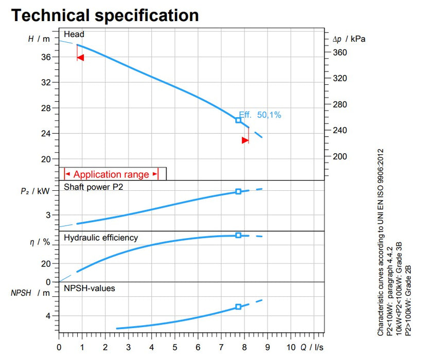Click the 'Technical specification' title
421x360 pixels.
105,15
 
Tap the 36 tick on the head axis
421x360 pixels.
46,57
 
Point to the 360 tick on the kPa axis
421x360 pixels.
339,52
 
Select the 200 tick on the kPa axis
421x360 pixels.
339,156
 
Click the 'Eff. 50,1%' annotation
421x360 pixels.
260,115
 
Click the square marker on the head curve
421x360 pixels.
238,120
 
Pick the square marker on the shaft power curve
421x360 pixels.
238,191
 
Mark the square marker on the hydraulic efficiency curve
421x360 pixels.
238,235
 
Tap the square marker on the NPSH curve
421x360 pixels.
238,307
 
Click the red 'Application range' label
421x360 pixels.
111,174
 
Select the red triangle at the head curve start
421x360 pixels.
80,58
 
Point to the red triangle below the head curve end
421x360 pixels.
245,140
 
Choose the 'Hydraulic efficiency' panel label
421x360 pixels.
101,238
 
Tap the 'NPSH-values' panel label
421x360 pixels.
90,288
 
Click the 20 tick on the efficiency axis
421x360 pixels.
46,264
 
